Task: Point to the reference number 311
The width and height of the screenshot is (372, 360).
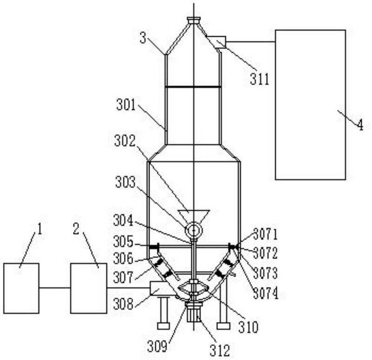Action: click(x=259, y=79)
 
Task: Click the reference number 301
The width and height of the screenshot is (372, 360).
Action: click(x=126, y=105)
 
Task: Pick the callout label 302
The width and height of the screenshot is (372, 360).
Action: click(x=125, y=141)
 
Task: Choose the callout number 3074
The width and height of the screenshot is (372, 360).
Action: click(x=266, y=294)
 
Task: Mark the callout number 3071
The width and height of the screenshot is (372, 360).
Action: click(x=265, y=234)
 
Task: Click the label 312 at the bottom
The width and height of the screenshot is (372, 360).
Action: click(x=219, y=350)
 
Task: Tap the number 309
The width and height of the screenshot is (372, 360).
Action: click(x=157, y=346)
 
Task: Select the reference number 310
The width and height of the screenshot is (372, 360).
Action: click(x=248, y=327)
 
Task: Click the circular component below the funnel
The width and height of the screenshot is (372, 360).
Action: click(x=193, y=230)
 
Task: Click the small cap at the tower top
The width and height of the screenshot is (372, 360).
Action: click(x=194, y=20)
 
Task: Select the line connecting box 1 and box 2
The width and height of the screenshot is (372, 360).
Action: click(x=54, y=288)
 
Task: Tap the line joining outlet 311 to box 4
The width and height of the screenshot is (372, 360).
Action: click(x=251, y=42)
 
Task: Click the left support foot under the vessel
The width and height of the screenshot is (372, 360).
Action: click(x=163, y=326)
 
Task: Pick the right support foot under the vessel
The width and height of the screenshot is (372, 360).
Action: click(x=224, y=326)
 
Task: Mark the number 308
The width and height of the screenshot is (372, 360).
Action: click(x=123, y=304)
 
